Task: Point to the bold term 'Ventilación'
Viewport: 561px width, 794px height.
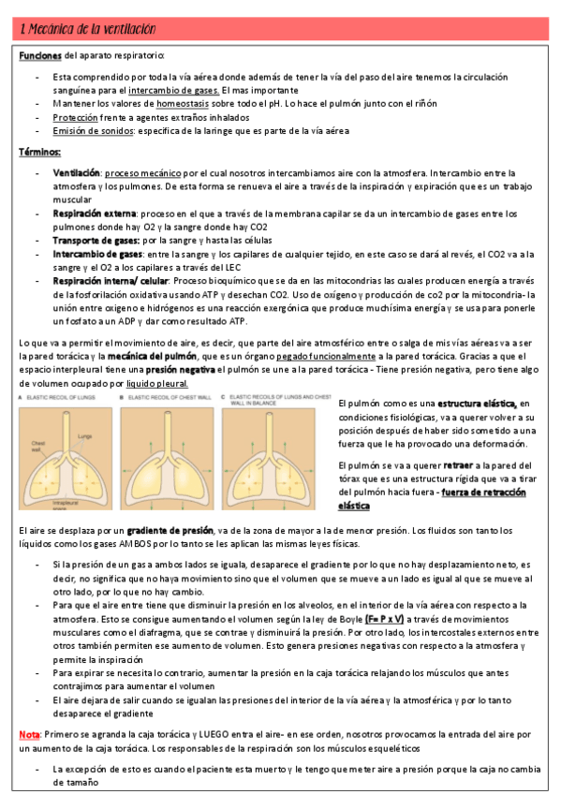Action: [77, 173]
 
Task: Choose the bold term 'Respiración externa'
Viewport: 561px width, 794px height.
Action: [95, 213]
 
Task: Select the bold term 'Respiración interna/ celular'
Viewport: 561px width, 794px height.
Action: [110, 280]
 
